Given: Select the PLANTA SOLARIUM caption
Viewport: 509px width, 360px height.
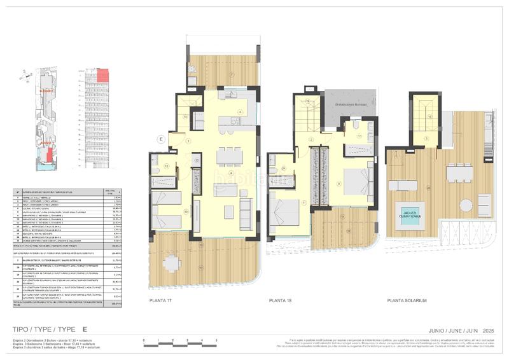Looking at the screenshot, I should pos(408,299).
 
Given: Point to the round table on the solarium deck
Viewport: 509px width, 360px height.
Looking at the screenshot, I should pos(467,206).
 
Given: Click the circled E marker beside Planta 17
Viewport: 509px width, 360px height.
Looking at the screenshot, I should pos(162,138).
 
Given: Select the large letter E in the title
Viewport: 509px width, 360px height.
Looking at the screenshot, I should pos(84,330).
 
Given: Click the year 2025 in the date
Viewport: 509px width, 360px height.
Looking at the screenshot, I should pos(487,330).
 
